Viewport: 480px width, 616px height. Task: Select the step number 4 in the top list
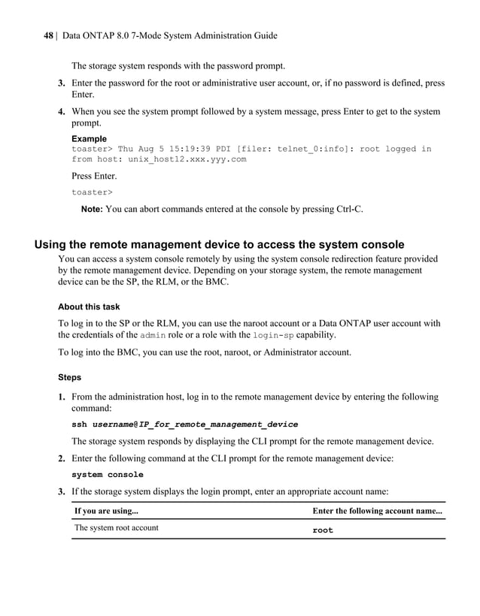[62, 112]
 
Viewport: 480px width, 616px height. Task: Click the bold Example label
[89, 139]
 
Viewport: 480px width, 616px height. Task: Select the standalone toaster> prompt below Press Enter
[92, 192]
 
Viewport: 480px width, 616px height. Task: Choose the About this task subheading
[89, 306]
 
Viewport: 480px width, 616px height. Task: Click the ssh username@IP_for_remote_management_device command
[184, 424]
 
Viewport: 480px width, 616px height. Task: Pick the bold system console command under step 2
[107, 475]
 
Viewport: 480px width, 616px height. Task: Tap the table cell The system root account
[116, 528]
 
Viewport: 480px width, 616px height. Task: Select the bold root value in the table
[323, 530]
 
